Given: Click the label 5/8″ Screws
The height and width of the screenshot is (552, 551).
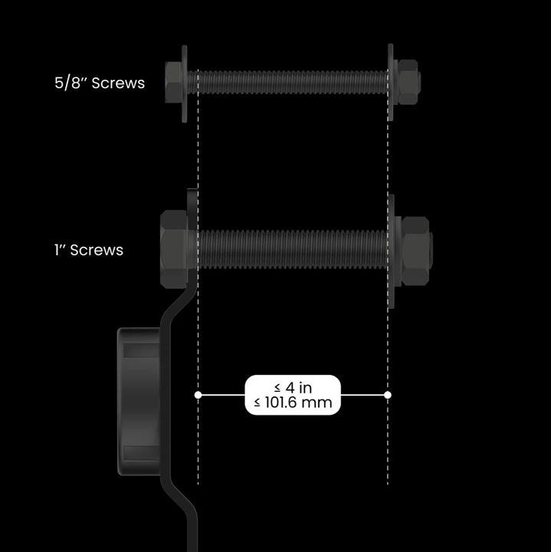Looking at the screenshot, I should [100, 83].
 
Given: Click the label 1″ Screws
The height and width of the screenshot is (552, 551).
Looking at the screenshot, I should [88, 250].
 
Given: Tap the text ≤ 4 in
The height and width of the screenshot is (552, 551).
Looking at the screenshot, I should [293, 387].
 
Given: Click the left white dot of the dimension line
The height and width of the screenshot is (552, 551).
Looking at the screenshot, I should [198, 395].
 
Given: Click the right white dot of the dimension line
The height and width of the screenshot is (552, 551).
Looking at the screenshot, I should [388, 395].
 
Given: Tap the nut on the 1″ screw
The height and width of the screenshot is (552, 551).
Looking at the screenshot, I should [415, 250].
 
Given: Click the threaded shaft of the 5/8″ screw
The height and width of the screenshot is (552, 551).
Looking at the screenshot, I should [291, 82].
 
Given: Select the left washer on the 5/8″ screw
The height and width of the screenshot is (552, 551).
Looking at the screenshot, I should [184, 82].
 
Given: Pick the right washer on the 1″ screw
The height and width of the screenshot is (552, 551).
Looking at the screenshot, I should [392, 250].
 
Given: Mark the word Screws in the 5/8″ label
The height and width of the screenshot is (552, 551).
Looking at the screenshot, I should [118, 83].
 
